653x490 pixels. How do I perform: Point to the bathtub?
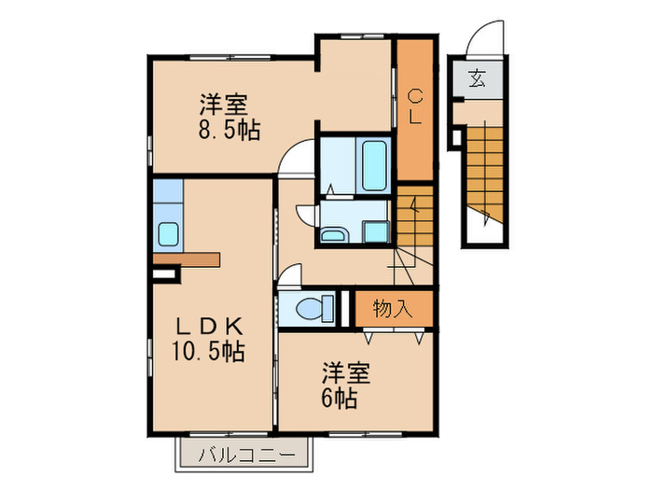[x=373, y=164]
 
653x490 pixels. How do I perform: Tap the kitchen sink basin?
[x=168, y=234]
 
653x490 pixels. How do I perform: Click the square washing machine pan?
[x=376, y=231]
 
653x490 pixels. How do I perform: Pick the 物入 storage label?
[x=392, y=308]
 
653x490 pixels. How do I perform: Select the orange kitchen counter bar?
[x=187, y=259]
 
